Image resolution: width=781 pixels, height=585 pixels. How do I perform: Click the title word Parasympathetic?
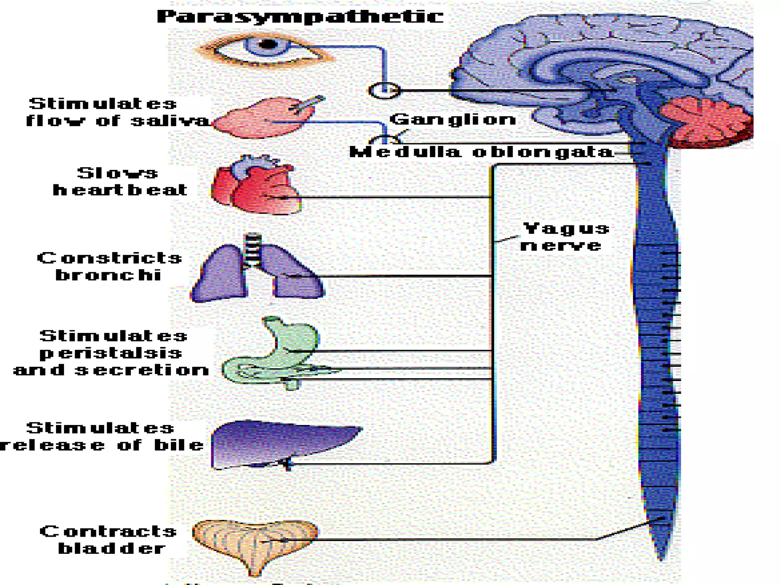[x=300, y=17]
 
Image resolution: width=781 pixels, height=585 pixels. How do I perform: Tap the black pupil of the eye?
[x=268, y=45]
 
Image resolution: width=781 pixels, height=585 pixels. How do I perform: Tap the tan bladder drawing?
[x=255, y=541]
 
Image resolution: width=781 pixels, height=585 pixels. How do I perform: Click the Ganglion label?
[x=453, y=120]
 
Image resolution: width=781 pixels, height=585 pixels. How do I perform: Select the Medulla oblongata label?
[x=481, y=152]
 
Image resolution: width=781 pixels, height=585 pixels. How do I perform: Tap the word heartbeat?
[x=120, y=190]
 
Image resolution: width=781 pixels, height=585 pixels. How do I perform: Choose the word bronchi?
[x=109, y=275]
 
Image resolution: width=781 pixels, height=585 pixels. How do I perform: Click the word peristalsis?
[x=111, y=353]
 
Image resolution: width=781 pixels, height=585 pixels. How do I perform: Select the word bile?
[x=178, y=445]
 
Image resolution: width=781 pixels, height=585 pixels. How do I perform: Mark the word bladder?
[x=112, y=549]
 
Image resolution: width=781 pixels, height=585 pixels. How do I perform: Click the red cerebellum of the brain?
[x=705, y=120]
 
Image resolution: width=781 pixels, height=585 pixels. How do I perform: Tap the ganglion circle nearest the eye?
[x=384, y=90]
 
